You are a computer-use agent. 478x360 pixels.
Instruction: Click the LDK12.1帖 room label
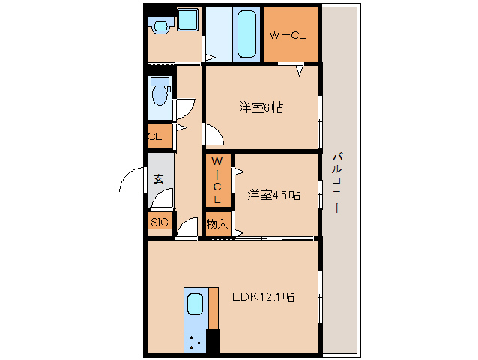(263, 296)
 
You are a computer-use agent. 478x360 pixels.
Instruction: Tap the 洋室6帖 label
(261, 108)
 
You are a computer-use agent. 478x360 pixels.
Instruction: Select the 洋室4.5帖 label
(273, 195)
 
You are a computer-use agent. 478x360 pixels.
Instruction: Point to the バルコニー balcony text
(337, 183)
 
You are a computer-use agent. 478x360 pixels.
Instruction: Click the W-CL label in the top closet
(288, 35)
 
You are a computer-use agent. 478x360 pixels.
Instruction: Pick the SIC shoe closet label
(160, 222)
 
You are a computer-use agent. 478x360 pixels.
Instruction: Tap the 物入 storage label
(217, 224)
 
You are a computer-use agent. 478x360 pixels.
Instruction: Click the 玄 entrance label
(159, 179)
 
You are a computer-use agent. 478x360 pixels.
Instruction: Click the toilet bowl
(160, 93)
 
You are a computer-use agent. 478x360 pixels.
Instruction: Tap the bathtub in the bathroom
(246, 34)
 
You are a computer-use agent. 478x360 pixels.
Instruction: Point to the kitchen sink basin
(195, 304)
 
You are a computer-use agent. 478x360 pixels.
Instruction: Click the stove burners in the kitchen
(195, 342)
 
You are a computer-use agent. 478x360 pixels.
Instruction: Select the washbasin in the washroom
(160, 25)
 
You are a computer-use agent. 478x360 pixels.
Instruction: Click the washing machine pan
(188, 19)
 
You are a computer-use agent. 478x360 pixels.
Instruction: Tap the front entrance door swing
(131, 180)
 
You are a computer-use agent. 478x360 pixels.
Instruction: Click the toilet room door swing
(184, 109)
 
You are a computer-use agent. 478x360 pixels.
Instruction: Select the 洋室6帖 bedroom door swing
(214, 134)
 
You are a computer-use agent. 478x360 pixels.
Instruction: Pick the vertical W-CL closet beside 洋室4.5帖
(218, 180)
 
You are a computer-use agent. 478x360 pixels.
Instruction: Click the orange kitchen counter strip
(214, 308)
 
